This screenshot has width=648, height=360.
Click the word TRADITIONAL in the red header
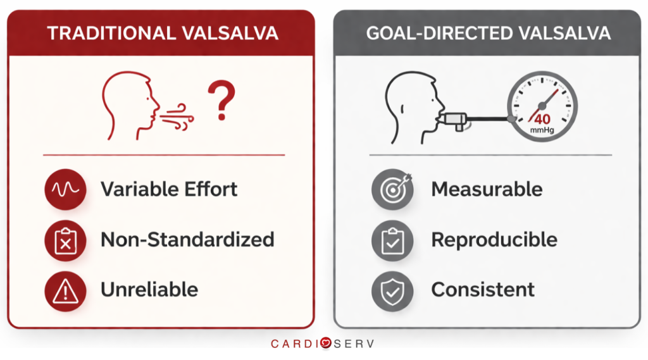(108, 33)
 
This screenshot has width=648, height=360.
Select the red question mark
(221, 104)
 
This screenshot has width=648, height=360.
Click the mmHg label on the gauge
(542, 132)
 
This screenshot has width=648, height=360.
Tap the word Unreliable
(149, 290)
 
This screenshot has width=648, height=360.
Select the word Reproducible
(494, 240)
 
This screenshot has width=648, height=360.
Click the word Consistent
(483, 290)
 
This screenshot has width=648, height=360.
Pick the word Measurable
(487, 189)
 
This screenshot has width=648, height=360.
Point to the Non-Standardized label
(187, 240)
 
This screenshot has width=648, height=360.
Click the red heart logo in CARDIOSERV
(325, 344)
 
